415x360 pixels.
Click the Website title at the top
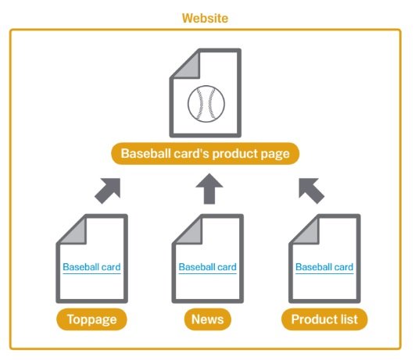(205, 18)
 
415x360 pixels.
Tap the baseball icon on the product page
(206, 104)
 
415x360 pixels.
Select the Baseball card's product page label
(205, 153)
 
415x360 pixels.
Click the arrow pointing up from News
(209, 189)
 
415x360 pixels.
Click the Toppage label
(91, 319)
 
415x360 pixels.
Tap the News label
(208, 319)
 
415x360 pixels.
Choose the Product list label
(324, 319)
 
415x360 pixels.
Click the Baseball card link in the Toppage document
(91, 267)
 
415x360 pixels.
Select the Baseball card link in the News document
(208, 267)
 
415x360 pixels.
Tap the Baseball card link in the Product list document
(324, 267)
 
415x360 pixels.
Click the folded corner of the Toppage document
(77, 233)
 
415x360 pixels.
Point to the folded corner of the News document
(192, 233)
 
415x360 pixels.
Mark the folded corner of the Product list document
(309, 233)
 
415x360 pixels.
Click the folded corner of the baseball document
(190, 67)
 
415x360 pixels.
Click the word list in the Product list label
(349, 319)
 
